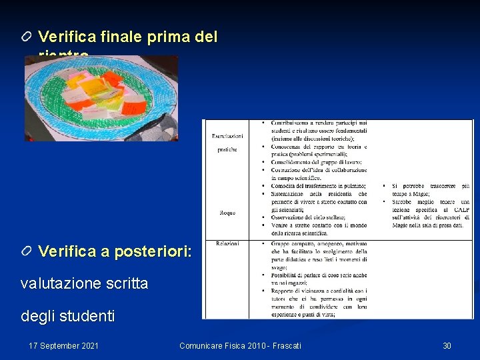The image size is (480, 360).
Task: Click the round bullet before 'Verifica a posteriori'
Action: pyautogui.click(x=27, y=251)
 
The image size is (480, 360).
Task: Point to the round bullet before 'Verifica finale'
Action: pyautogui.click(x=27, y=36)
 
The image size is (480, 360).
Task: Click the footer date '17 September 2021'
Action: pyautogui.click(x=64, y=345)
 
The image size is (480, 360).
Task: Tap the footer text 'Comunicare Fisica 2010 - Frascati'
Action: pyautogui.click(x=240, y=345)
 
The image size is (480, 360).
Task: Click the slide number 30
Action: pyautogui.click(x=447, y=345)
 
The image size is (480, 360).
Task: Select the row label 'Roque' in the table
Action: pyautogui.click(x=227, y=213)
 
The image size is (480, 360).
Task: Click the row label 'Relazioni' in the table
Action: pyautogui.click(x=227, y=244)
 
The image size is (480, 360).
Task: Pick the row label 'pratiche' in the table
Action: pyautogui.click(x=227, y=149)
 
